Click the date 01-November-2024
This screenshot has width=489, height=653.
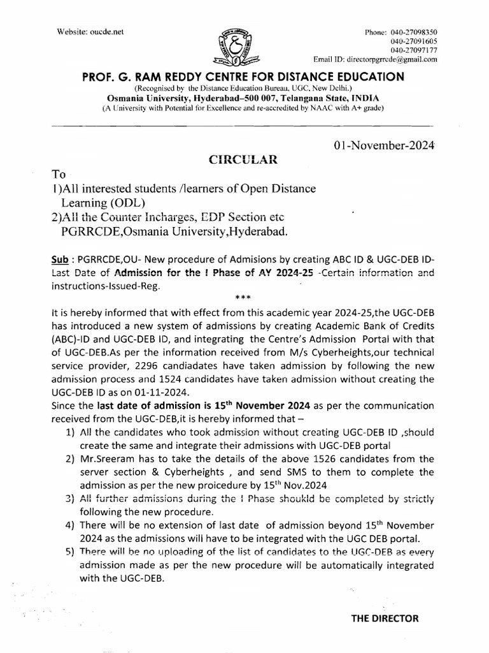[x=383, y=145]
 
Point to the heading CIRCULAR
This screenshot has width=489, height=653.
[x=243, y=160]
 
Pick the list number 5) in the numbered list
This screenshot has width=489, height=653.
[x=71, y=552]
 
